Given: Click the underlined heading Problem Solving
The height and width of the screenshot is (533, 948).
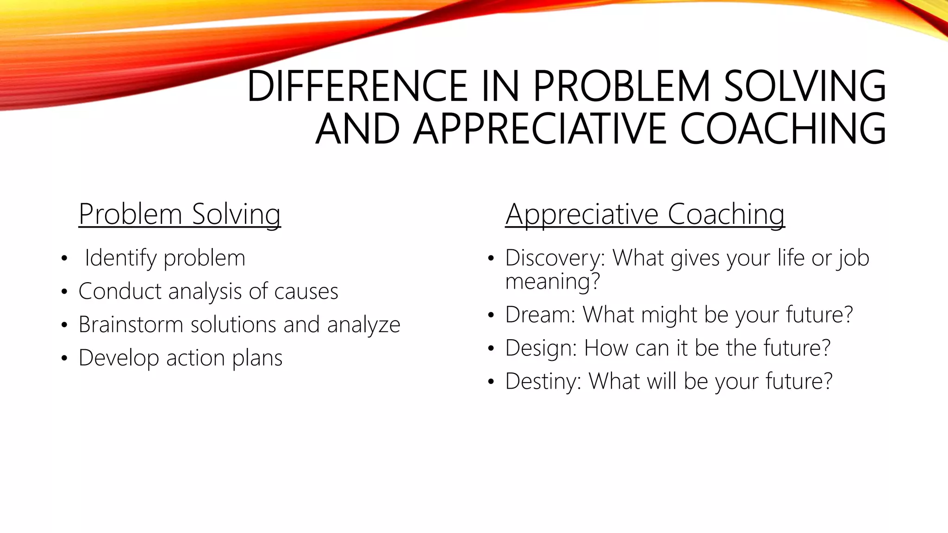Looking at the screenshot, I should click(180, 214).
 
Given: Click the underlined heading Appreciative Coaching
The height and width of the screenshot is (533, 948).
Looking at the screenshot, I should click(645, 214).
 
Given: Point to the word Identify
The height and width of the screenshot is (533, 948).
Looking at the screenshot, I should click(120, 258).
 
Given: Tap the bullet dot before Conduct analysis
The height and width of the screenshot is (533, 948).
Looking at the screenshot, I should click(64, 292).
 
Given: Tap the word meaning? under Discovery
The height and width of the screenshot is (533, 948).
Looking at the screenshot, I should click(552, 281).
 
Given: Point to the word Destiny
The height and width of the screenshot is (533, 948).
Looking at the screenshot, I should click(543, 382).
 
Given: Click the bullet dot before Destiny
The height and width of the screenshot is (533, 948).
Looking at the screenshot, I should click(491, 382).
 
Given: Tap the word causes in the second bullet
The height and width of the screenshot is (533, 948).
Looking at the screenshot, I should click(306, 291).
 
